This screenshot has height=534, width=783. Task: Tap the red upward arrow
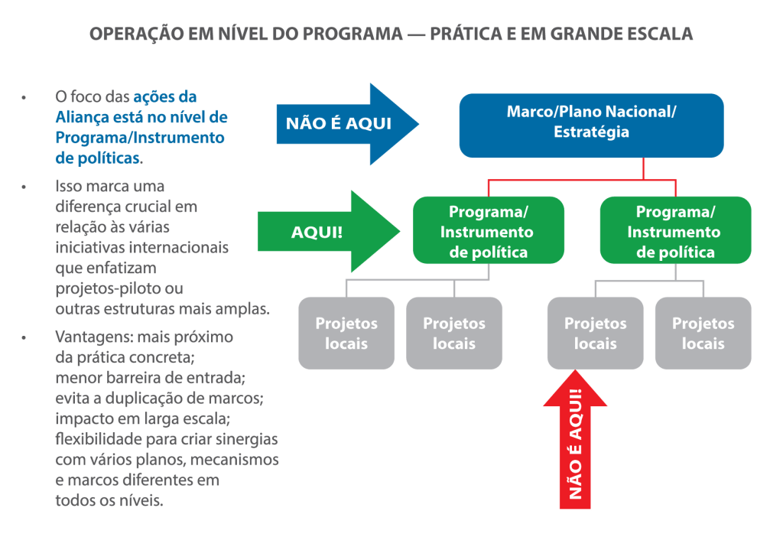point(575,440)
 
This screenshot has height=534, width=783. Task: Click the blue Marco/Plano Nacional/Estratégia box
point(591,125)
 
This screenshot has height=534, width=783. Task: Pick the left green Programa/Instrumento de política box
point(489,230)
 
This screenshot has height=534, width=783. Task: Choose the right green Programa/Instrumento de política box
point(675,230)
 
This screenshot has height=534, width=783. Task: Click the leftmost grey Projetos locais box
point(346,334)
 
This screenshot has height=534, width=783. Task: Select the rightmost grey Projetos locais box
point(703,334)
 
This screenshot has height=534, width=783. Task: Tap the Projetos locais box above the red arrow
point(595,334)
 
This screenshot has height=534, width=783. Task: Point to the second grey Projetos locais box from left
point(454,334)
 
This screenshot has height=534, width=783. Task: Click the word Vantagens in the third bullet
point(93,337)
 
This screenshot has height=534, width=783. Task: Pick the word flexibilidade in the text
point(99,439)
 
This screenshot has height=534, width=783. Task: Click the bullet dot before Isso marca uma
point(24,187)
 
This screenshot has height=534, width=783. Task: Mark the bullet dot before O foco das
point(24,98)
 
